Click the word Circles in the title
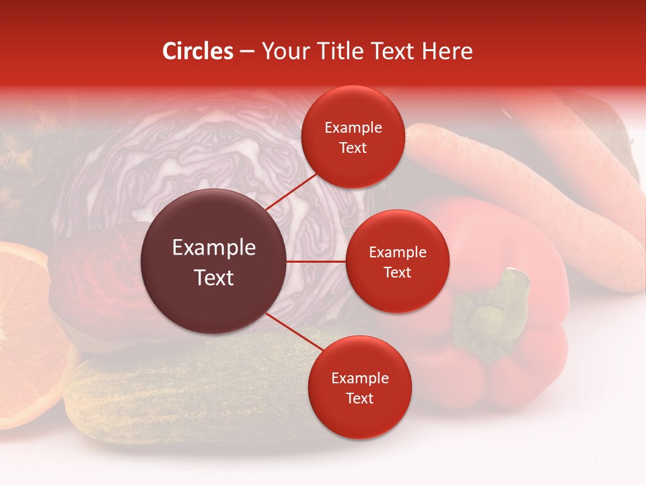point(197,51)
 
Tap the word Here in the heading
point(447,51)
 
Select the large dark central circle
point(213,262)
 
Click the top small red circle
point(353,137)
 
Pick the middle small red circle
point(397,261)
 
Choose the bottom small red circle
point(359,387)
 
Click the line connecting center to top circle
point(292,191)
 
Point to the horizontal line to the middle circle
point(316,261)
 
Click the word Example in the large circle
point(213,248)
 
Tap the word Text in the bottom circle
point(359,398)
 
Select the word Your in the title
point(286,51)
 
